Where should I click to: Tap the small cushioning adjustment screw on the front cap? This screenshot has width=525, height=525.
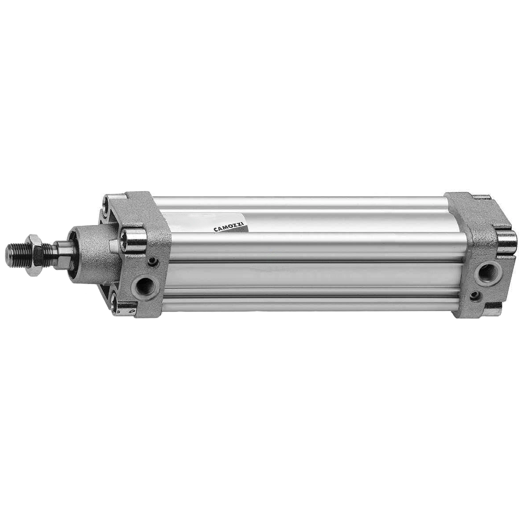click(152, 261)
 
